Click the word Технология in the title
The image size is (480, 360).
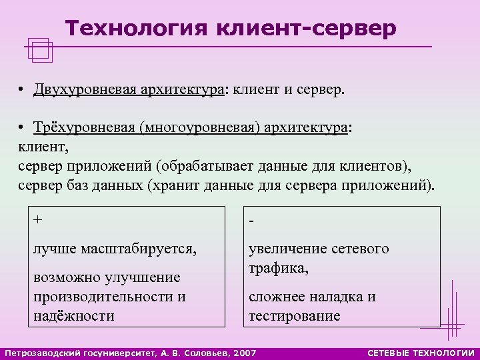[x=137, y=28]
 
